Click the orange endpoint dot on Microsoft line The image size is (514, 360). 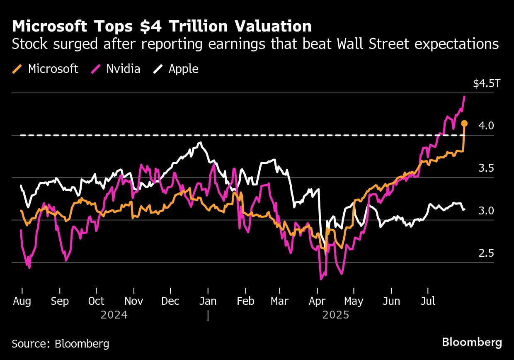click(464, 123)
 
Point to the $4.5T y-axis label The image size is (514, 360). click(487, 84)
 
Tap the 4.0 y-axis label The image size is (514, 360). click(486, 126)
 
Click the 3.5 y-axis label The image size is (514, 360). click(486, 168)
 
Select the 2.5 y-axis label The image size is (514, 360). click(486, 253)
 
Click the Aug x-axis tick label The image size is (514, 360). click(22, 301)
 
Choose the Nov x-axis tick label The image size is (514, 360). click(133, 301)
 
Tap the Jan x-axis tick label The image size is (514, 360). click(208, 301)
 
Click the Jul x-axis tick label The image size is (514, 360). click(428, 301)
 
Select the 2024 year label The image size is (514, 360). click(114, 315)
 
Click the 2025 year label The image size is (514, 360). click(336, 315)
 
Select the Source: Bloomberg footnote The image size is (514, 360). click(61, 343)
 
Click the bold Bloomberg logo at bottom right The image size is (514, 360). click(472, 343)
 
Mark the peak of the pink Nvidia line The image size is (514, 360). click(464, 97)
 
